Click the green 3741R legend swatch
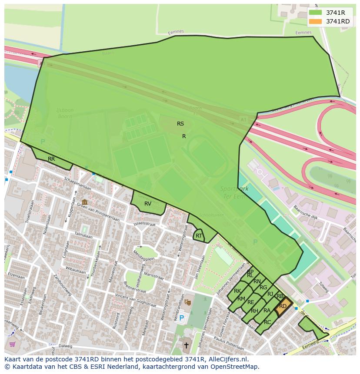click(x=315, y=13)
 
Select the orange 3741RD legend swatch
click(x=315, y=21)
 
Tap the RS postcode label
click(x=180, y=124)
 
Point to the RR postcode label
click(x=51, y=159)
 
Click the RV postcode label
click(x=148, y=204)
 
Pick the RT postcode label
click(x=199, y=236)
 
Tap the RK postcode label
click(x=237, y=291)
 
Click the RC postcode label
click(x=267, y=322)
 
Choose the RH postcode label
click(x=254, y=311)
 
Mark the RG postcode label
click(x=263, y=288)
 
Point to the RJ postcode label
click(x=270, y=294)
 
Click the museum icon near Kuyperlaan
click(x=84, y=202)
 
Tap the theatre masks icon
click(x=187, y=301)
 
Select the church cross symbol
click(x=186, y=346)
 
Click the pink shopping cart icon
click(x=12, y=344)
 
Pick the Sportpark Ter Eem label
click(x=235, y=192)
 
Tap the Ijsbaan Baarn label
click(x=65, y=114)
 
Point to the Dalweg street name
click(x=65, y=346)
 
